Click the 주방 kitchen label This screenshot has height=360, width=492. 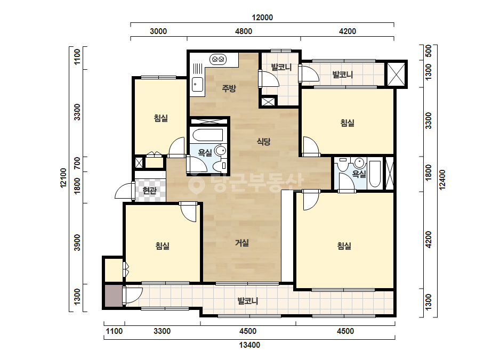[x=229, y=88]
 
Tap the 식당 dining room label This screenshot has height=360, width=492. [x=263, y=142]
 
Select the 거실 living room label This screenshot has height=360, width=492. [x=242, y=243]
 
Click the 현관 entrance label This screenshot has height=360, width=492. [x=149, y=190]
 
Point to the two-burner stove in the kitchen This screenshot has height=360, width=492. [x=218, y=59]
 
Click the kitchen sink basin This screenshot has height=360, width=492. [x=197, y=84]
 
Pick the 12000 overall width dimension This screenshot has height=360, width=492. [x=262, y=18]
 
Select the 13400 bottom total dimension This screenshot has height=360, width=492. [x=249, y=345]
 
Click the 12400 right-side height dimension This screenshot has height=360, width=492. [x=442, y=179]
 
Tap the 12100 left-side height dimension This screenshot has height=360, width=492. [x=63, y=178]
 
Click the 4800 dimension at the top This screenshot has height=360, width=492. [x=244, y=31]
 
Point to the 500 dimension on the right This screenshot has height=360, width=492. [x=429, y=51]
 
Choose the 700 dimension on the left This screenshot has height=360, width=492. [x=77, y=163]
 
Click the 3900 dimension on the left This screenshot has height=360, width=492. [x=77, y=242]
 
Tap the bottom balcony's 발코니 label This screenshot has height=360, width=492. [x=248, y=301]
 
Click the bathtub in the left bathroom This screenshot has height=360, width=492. [x=208, y=135]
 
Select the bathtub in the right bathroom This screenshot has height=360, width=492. [x=375, y=174]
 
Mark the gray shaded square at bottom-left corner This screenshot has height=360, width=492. [x=113, y=296]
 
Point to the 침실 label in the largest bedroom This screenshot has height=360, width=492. [x=344, y=246]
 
